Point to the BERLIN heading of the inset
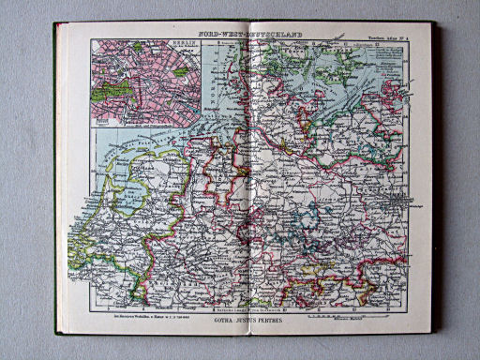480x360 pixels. pyautogui.click(x=144, y=44)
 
